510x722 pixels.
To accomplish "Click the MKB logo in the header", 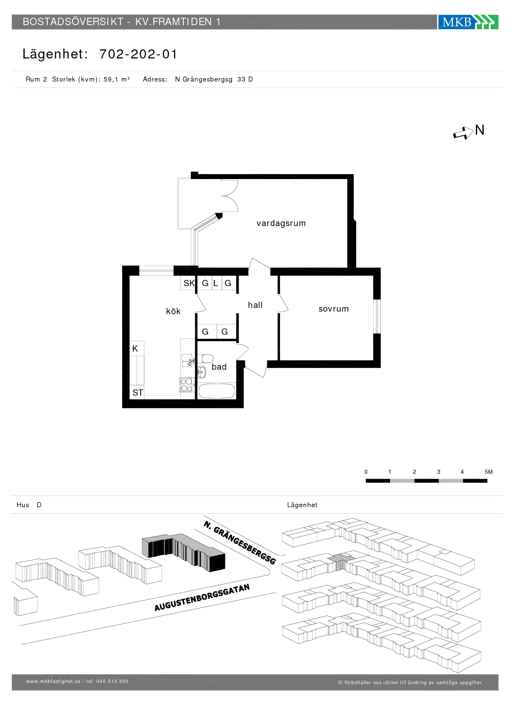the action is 468,22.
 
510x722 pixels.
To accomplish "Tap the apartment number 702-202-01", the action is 138,54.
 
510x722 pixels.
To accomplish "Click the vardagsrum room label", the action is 281,223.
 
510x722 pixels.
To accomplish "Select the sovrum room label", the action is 334,309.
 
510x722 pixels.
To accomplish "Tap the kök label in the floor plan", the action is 173,311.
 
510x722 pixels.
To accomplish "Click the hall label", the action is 255,305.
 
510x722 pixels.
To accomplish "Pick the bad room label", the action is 219,367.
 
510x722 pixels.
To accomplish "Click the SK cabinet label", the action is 189,283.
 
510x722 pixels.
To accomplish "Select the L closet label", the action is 216,283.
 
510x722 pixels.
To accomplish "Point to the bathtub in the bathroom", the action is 217,391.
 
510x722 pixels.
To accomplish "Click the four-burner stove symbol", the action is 187,385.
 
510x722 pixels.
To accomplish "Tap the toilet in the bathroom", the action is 205,359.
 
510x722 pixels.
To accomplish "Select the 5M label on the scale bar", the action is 489,472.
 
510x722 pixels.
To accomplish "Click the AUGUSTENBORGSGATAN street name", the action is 202,597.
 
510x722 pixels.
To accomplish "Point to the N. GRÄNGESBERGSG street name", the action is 240,542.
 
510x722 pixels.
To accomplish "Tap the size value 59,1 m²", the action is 117,79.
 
